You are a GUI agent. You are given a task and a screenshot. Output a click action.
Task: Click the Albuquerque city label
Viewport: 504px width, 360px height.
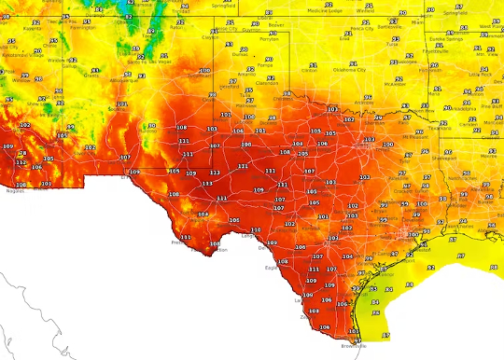[118, 82]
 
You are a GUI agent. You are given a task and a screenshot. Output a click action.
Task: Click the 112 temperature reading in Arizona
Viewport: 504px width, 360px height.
[21, 161]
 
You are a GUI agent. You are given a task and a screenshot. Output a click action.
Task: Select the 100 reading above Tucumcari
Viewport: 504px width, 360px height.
[204, 70]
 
